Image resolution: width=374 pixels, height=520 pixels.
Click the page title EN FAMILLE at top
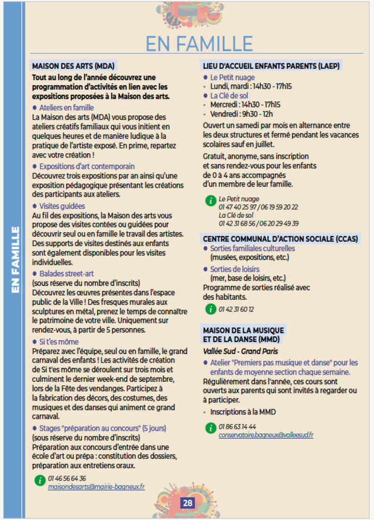click(x=199, y=43)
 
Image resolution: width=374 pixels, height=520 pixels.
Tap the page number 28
click(x=187, y=503)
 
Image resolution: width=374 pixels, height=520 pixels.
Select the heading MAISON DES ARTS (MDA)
click(x=73, y=66)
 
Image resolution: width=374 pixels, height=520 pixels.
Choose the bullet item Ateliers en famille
click(x=68, y=107)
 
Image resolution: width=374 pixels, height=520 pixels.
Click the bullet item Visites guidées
click(x=62, y=206)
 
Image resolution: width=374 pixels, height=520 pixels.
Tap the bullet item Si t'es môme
click(x=62, y=341)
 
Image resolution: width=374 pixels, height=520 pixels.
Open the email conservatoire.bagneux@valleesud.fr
click(x=266, y=434)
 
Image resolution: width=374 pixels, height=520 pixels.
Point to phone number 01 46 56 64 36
click(x=67, y=478)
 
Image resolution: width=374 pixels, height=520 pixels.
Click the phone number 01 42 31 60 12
click(x=236, y=309)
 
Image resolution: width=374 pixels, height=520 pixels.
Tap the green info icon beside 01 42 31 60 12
click(x=210, y=309)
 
